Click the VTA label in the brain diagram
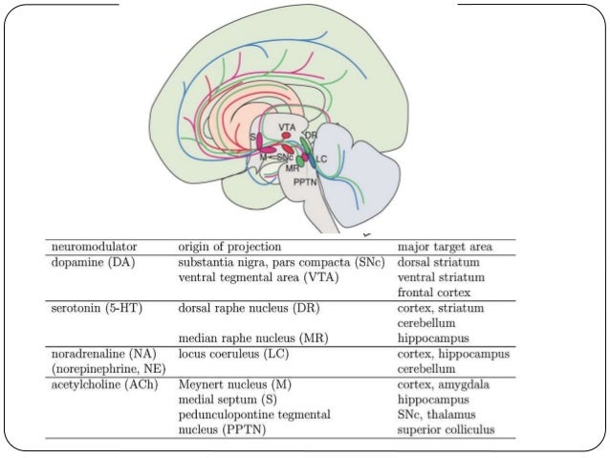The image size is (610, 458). pyautogui.click(x=287, y=127)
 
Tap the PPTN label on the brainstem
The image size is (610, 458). pyautogui.click(x=306, y=181)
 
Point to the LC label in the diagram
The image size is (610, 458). pyautogui.click(x=322, y=158)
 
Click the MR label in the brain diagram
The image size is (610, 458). pyautogui.click(x=293, y=167)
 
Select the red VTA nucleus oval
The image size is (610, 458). pyautogui.click(x=286, y=137)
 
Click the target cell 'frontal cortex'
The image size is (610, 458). pyautogui.click(x=435, y=292)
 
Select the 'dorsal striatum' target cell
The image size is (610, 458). pyautogui.click(x=439, y=261)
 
